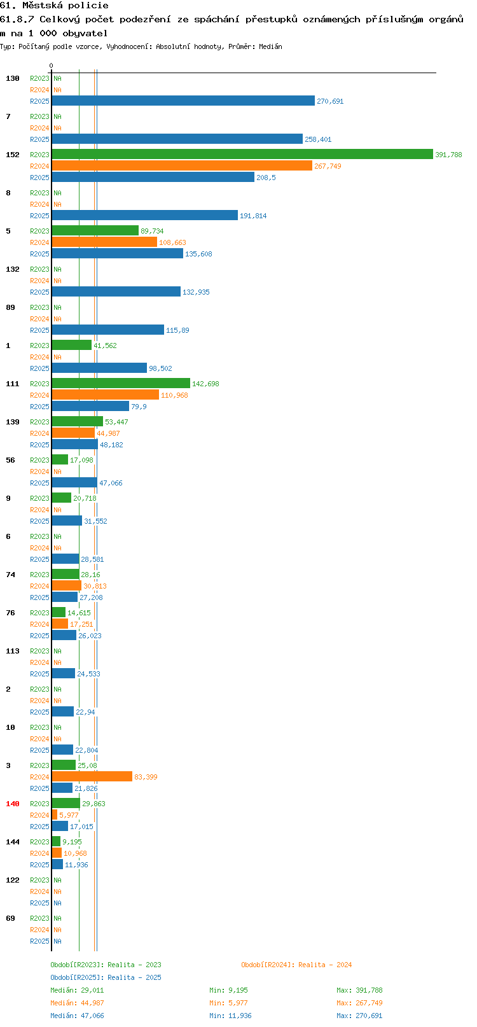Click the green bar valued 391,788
tap(242, 154)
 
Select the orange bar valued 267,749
tap(182, 165)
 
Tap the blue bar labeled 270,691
tap(183, 101)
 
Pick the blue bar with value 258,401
tap(177, 139)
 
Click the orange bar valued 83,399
tap(92, 776)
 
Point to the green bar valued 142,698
tap(121, 383)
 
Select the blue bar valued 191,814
tap(145, 215)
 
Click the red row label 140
tap(12, 804)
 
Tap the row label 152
tap(12, 155)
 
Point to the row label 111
tap(12, 384)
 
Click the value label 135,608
tap(198, 254)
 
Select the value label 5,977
tap(69, 815)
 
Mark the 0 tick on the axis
tap(52, 66)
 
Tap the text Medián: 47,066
tap(77, 1016)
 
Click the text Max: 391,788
tap(359, 990)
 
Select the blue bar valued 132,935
tap(116, 291)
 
